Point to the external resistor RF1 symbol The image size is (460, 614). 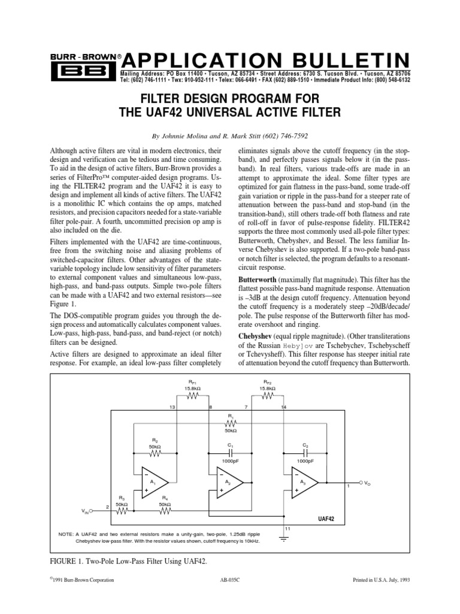pos(191,396)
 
